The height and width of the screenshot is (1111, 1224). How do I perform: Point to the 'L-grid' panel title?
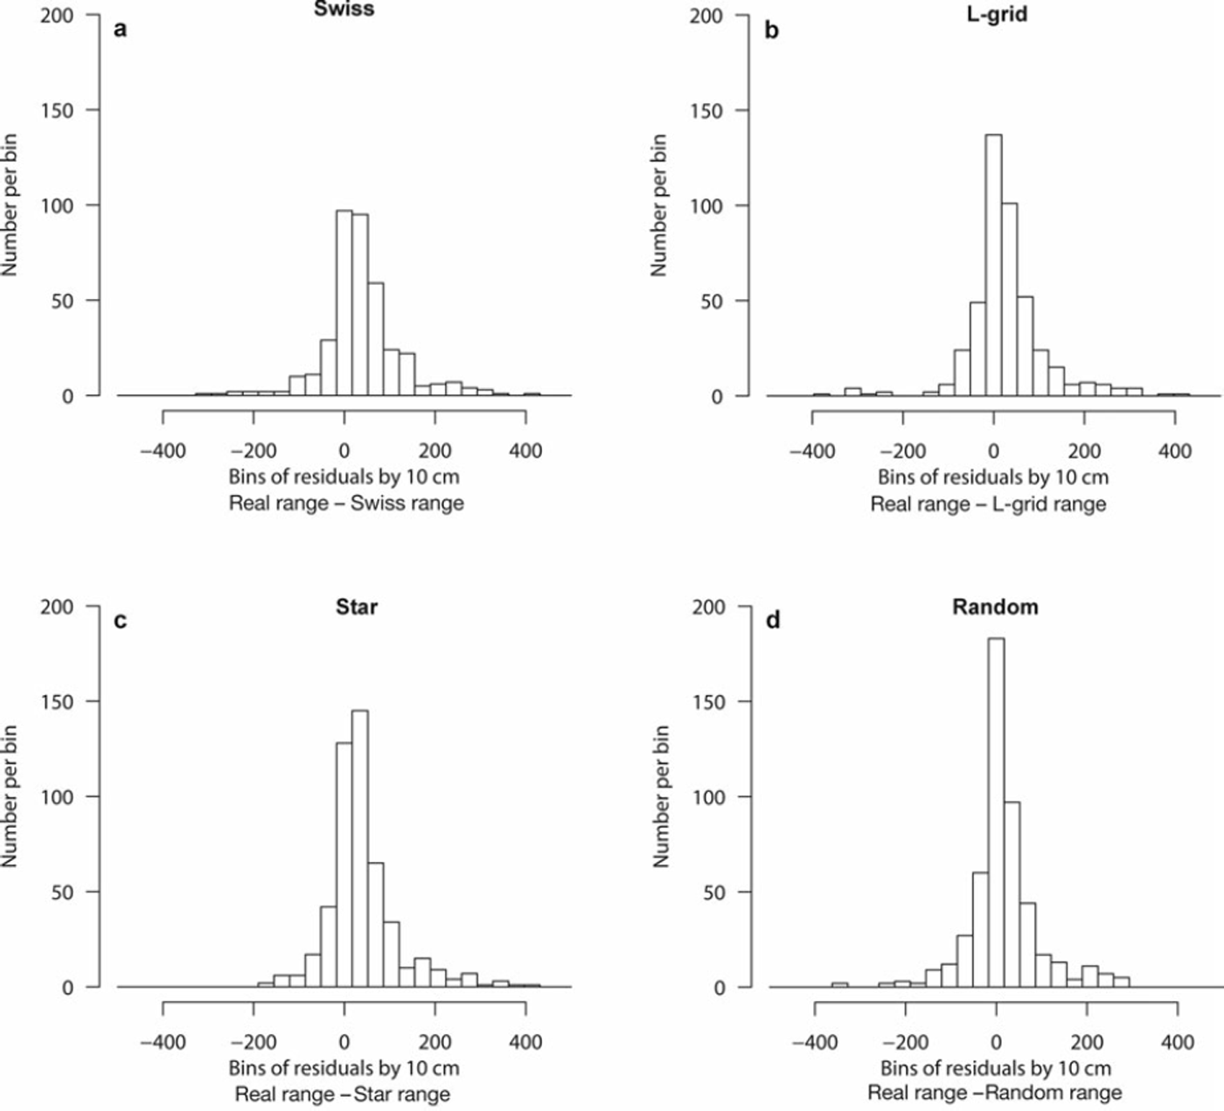(995, 13)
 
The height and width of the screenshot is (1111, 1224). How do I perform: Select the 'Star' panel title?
(357, 606)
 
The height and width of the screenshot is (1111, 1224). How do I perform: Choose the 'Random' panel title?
(995, 606)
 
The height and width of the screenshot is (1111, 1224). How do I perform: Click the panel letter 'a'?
(121, 29)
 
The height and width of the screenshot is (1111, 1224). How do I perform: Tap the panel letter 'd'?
(772, 621)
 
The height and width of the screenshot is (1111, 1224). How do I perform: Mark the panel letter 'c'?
(121, 621)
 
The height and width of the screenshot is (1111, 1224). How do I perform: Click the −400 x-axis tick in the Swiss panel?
(163, 451)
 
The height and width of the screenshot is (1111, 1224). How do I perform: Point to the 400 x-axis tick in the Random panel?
(1177, 1043)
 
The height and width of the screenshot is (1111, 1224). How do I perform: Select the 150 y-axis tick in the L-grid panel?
(706, 111)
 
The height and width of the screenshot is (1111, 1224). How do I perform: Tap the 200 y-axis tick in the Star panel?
(57, 607)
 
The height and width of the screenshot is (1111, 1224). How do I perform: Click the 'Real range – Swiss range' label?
(346, 503)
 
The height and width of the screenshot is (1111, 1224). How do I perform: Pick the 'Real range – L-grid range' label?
(988, 504)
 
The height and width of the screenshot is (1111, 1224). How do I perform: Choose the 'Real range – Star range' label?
(343, 1094)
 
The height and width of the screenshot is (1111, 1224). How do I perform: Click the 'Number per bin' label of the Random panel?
(661, 795)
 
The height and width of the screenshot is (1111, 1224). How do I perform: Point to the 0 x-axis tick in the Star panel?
(344, 1043)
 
